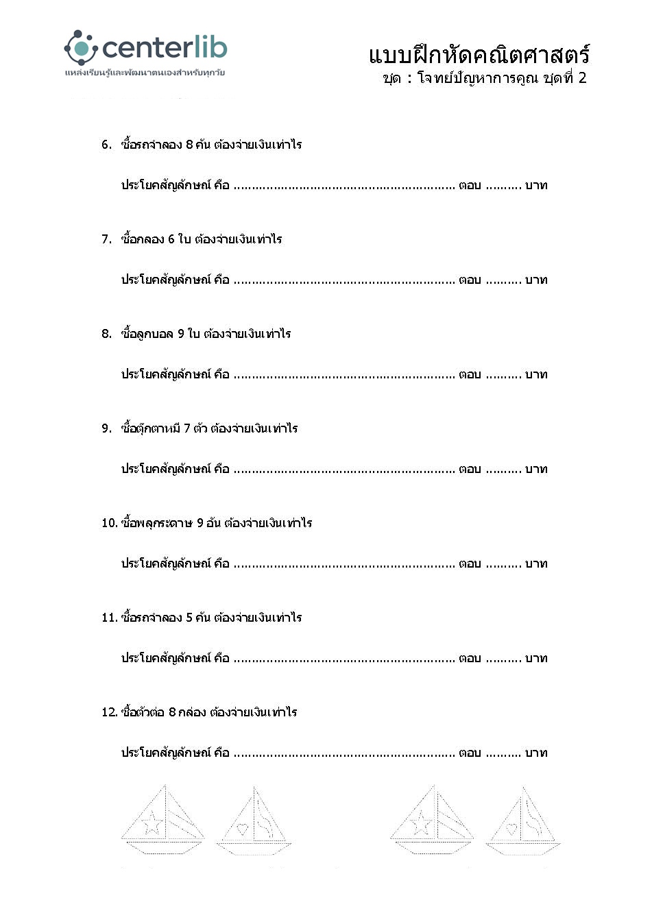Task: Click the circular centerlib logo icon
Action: coord(81,47)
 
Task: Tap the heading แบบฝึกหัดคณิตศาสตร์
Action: coord(478,55)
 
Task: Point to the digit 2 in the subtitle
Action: coord(582,77)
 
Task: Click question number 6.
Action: coord(106,145)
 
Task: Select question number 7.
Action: coord(106,239)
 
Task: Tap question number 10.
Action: coord(109,523)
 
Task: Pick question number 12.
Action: coord(109,712)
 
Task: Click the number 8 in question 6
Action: coord(189,145)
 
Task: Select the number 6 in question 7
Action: coord(171,239)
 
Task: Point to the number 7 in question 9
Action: coord(186,428)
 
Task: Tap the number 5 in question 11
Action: coord(189,618)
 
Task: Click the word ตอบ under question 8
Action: coord(470,374)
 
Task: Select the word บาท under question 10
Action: coord(536,563)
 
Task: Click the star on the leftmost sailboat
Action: coord(152,823)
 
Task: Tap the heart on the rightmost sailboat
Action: coord(511,829)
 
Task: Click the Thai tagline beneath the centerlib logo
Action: coord(145,73)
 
